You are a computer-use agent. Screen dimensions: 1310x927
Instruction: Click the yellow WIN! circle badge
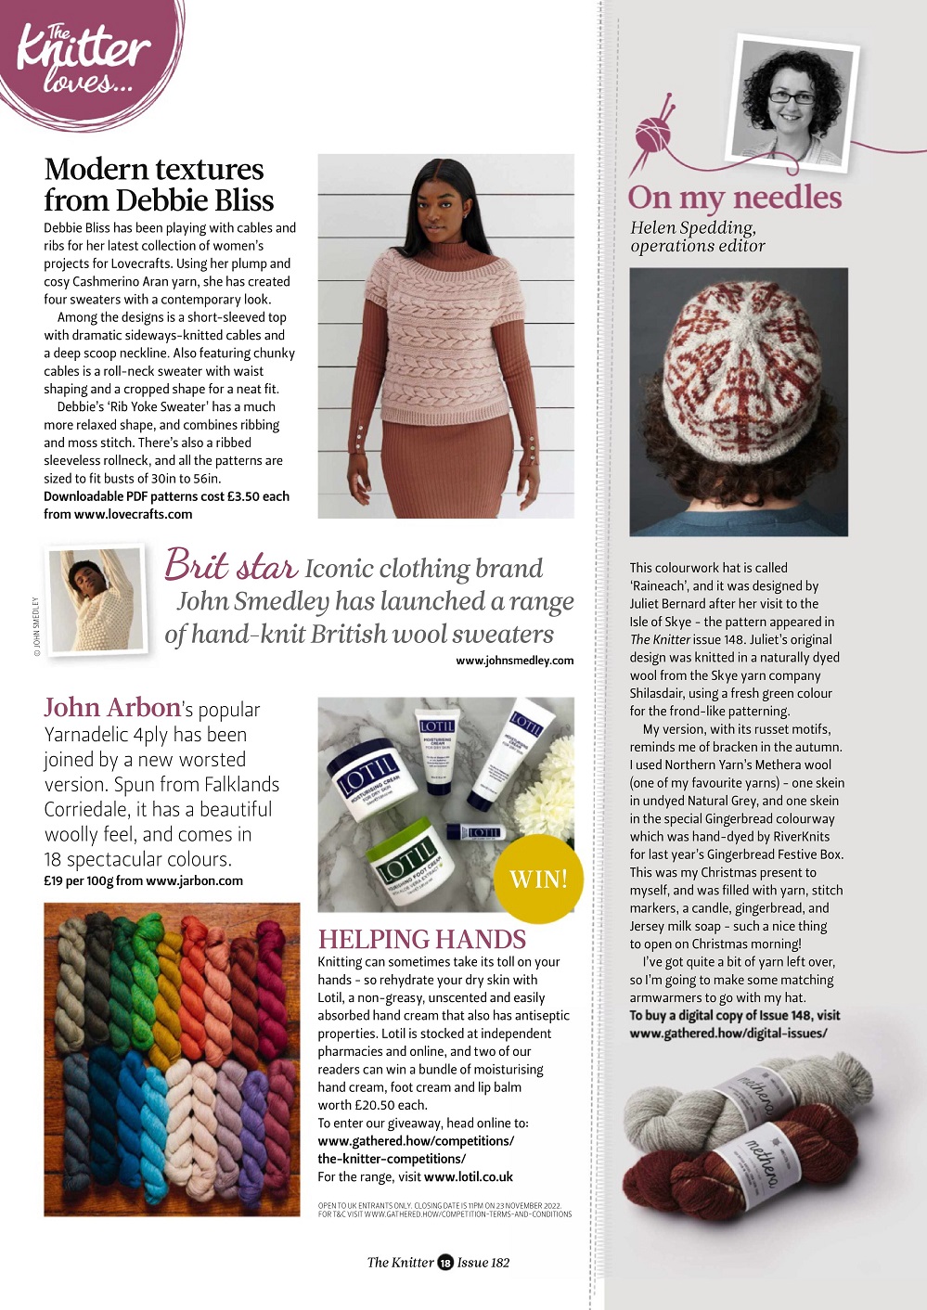[x=538, y=878]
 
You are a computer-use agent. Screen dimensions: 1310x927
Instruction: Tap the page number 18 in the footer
[x=445, y=1262]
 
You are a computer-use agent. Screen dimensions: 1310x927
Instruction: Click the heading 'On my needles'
[x=735, y=198]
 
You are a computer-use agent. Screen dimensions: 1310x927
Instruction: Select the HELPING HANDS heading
[x=422, y=939]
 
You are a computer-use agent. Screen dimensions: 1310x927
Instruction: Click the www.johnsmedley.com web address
[x=514, y=661]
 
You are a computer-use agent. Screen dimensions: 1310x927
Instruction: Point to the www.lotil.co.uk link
[x=468, y=1176]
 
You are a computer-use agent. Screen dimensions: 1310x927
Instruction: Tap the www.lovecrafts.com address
[x=133, y=514]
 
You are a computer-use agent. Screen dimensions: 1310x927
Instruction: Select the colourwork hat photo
[x=739, y=401]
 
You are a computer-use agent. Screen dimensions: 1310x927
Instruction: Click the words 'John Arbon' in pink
[x=112, y=708]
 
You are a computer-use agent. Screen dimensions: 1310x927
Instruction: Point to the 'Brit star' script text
[x=230, y=566]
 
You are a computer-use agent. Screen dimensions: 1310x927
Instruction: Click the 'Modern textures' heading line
[x=154, y=170]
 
